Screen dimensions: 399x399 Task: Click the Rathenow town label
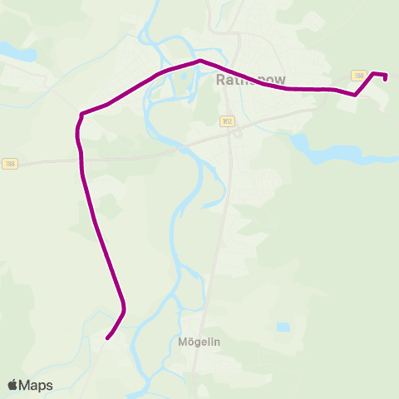tap(250, 81)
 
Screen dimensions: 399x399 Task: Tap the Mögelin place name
tap(198, 341)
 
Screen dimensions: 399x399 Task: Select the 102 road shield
tap(227, 121)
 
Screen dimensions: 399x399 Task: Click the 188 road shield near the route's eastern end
tap(359, 76)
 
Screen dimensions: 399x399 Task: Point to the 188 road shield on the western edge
tap(8, 163)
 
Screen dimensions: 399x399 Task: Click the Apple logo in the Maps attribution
tap(12, 385)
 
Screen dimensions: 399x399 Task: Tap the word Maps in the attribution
tap(36, 385)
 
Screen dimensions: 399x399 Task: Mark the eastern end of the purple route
tap(385, 80)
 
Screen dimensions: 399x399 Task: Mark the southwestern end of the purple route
tap(107, 337)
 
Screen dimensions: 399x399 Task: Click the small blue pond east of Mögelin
tap(283, 327)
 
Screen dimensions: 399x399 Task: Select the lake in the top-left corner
tap(17, 52)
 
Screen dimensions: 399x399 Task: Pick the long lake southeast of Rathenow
tap(332, 154)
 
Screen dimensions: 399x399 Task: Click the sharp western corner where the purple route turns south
tap(81, 114)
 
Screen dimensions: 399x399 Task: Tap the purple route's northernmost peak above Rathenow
tap(199, 61)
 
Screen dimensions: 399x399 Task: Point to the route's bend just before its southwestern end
tap(123, 311)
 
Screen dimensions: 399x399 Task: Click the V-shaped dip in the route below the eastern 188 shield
tap(355, 95)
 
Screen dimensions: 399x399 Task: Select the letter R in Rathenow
tap(220, 81)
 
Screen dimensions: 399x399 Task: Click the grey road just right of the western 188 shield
tap(33, 162)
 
